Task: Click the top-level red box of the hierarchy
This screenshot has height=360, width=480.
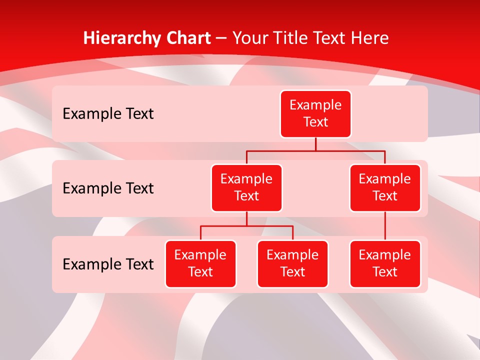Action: point(315,114)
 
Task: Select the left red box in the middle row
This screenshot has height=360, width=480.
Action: point(246,188)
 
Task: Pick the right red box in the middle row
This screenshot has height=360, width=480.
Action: point(385,188)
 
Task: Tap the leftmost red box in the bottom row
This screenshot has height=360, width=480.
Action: point(200,264)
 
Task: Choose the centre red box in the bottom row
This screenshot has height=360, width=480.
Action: point(292,264)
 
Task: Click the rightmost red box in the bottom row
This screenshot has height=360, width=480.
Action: point(385,264)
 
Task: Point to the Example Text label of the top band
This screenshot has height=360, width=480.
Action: point(108,114)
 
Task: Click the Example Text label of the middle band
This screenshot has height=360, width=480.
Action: point(108,188)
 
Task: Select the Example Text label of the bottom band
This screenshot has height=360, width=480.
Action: point(108,264)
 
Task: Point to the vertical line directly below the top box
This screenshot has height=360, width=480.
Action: point(315,144)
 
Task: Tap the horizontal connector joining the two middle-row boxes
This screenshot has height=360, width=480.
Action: point(315,150)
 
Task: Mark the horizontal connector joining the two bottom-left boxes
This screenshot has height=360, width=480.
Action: point(246,226)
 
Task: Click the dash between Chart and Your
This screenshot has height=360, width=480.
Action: point(221,39)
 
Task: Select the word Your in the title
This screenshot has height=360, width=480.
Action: point(249,38)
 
